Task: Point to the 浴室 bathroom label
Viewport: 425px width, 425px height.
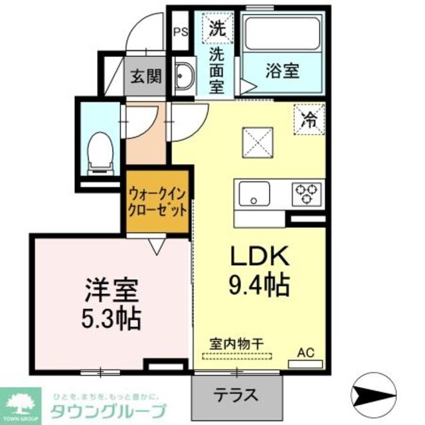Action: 283,71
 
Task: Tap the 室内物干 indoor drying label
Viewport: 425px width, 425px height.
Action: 237,343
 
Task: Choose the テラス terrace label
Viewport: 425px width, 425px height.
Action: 235,394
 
